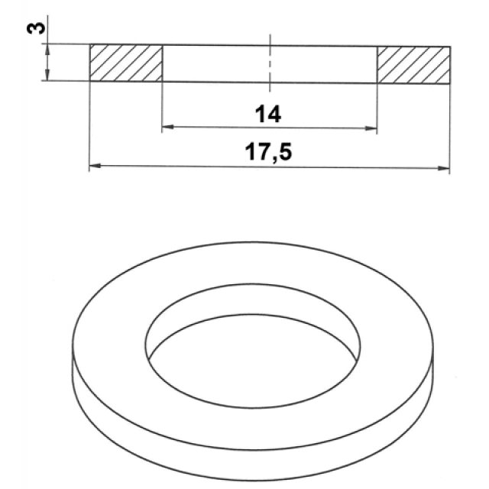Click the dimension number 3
pyautogui.click(x=36, y=29)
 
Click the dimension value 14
pyautogui.click(x=268, y=114)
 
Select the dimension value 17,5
pyautogui.click(x=268, y=152)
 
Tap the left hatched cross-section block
pyautogui.click(x=126, y=63)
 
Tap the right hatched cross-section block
pyautogui.click(x=414, y=65)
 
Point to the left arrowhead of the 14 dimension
pyautogui.click(x=168, y=127)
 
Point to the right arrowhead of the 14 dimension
pyautogui.click(x=371, y=128)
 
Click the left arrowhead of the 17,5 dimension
pyautogui.click(x=95, y=165)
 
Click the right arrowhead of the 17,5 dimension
pyautogui.click(x=443, y=168)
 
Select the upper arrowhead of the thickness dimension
pyautogui.click(x=47, y=49)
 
